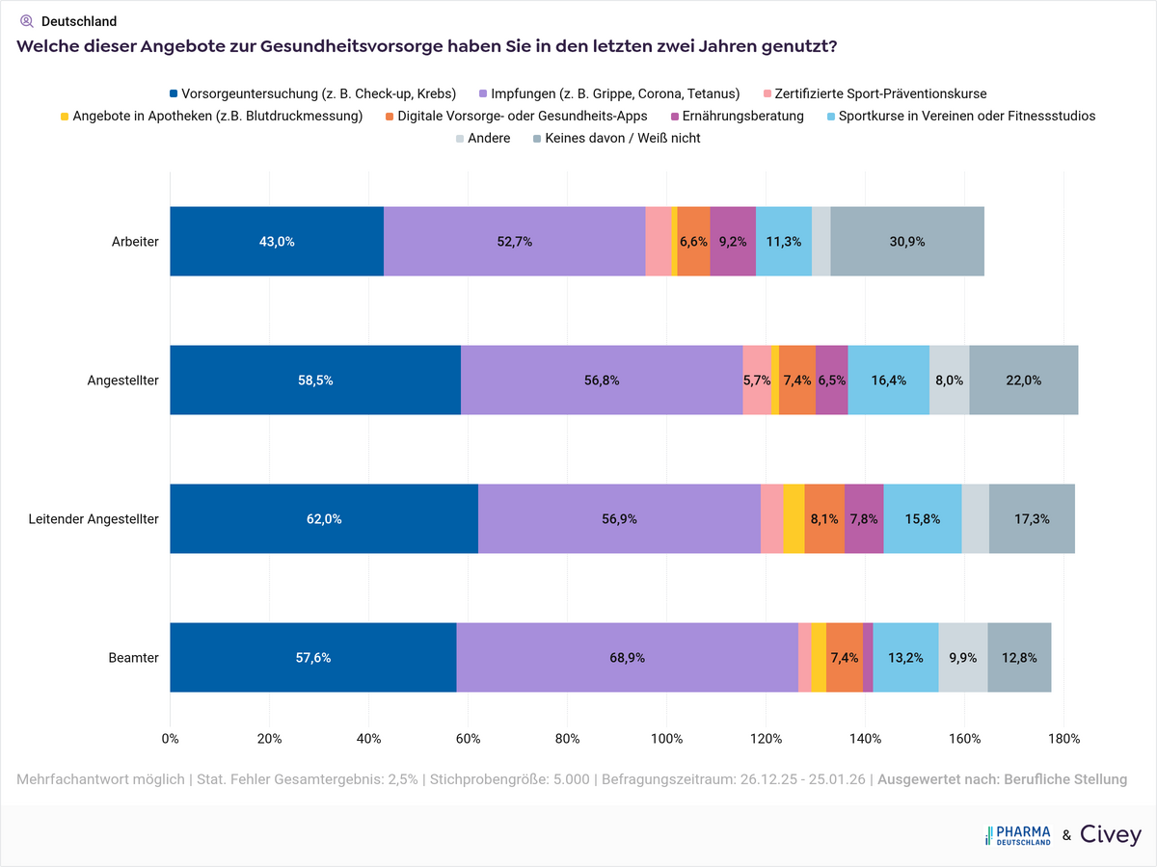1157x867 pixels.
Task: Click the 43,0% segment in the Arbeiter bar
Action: pyautogui.click(x=277, y=242)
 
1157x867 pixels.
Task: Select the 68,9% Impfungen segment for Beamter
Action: pyautogui.click(x=627, y=658)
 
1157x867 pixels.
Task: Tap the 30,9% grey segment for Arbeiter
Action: pyautogui.click(x=906, y=242)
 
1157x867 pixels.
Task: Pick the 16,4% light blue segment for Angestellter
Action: pyautogui.click(x=888, y=381)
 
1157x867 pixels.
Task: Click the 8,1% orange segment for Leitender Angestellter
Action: pyautogui.click(x=824, y=519)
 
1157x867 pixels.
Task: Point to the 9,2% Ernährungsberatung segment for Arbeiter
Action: pyautogui.click(x=733, y=242)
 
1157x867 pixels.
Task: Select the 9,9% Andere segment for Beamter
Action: pyautogui.click(x=962, y=658)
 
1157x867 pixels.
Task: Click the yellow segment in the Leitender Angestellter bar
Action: pyautogui.click(x=794, y=519)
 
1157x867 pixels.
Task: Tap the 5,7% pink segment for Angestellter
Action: pyautogui.click(x=757, y=381)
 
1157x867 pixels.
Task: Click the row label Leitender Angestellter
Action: pyautogui.click(x=94, y=519)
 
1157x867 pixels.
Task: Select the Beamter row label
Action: pyautogui.click(x=135, y=658)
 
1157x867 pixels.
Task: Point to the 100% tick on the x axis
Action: pyautogui.click(x=666, y=739)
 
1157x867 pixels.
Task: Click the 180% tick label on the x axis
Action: pyautogui.click(x=1063, y=739)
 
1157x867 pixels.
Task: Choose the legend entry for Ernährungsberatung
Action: pyautogui.click(x=742, y=116)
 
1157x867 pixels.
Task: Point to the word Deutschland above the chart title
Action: pyautogui.click(x=79, y=21)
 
